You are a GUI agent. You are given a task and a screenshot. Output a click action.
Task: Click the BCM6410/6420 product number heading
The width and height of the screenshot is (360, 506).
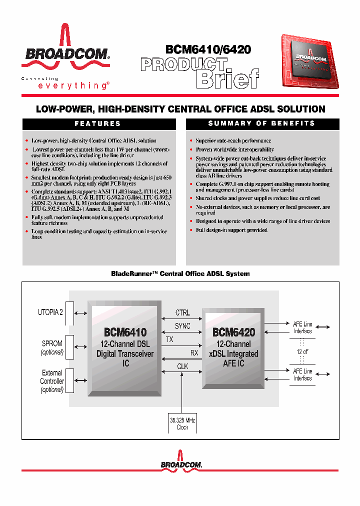[x=208, y=49]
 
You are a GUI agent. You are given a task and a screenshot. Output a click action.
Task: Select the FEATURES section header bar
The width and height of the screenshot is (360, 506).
[x=99, y=123]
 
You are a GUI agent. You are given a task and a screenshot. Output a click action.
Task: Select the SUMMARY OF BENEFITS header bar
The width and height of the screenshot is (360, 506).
[x=262, y=123]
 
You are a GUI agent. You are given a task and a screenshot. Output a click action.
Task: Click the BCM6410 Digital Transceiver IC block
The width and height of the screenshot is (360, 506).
[x=125, y=347]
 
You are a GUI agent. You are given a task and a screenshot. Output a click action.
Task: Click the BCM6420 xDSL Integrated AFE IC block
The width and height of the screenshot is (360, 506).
[x=233, y=347]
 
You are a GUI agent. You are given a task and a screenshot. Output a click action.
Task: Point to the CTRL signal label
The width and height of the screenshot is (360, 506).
[x=182, y=313]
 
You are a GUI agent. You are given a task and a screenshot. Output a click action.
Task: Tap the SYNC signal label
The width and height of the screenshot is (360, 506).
[x=182, y=326]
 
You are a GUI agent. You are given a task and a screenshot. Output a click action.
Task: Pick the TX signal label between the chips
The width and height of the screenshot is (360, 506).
[x=170, y=339]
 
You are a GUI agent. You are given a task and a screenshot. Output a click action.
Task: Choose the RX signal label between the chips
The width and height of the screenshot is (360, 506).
[x=194, y=352]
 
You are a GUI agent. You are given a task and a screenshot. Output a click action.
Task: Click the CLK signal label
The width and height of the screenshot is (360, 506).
[x=182, y=366]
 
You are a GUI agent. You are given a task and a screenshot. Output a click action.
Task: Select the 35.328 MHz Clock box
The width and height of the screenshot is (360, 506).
[x=182, y=424]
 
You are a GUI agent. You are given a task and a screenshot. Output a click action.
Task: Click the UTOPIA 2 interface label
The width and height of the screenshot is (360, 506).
[x=50, y=312]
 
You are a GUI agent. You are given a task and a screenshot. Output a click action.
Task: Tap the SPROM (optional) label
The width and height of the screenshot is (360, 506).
[x=52, y=347]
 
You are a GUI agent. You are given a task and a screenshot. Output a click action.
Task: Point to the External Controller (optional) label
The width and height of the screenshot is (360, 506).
[x=52, y=381]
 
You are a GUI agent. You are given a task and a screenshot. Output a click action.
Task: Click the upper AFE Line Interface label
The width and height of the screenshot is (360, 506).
[x=302, y=327]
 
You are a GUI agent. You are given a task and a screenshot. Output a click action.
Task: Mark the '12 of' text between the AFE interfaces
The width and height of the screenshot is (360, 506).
[x=302, y=351]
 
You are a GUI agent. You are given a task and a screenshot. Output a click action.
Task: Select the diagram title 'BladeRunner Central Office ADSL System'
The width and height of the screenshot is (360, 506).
[x=180, y=274]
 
